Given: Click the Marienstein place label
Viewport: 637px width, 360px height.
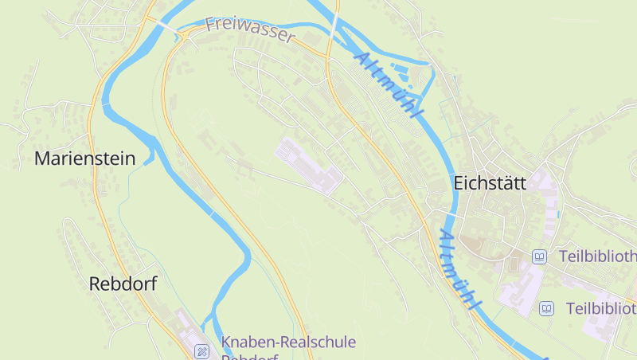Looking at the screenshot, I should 84,158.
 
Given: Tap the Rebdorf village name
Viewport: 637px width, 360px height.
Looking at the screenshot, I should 123,284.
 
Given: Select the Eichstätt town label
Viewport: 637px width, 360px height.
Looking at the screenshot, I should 489,182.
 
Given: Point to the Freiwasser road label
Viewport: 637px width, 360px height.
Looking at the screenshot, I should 250,29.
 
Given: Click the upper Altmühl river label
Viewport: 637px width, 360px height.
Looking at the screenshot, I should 387,85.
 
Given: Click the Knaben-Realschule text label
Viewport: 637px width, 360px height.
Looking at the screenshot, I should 288,342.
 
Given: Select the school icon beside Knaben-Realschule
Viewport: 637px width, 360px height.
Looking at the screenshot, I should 203,350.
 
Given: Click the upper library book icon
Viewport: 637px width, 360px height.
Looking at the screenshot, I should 540,256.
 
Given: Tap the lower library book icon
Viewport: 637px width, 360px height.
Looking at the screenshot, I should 546,308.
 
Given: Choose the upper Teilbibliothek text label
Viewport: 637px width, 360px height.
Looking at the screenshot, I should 597,256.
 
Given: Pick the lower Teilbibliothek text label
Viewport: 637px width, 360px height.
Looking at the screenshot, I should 601,308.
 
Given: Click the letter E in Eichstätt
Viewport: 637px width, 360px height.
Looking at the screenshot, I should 459,182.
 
